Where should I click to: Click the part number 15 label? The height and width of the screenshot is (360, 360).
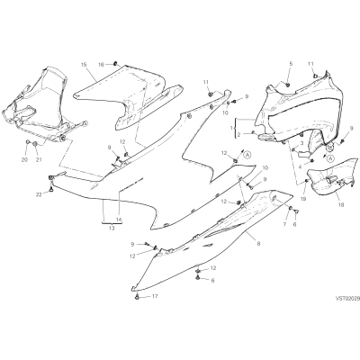pyautogui.click(x=84, y=65)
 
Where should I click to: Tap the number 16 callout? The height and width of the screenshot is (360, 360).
pyautogui.click(x=102, y=65)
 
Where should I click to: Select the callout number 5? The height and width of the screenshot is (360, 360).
pyautogui.click(x=291, y=64)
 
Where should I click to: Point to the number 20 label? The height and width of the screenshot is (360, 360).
pyautogui.click(x=24, y=160)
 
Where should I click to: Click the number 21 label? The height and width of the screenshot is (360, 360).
pyautogui.click(x=39, y=160)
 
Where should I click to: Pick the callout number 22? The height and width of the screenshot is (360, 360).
pyautogui.click(x=39, y=194)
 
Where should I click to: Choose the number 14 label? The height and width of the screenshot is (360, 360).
pyautogui.click(x=119, y=220)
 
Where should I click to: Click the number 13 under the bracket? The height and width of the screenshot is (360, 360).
pyautogui.click(x=112, y=229)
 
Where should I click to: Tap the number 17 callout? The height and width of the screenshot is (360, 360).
pyautogui.click(x=155, y=296)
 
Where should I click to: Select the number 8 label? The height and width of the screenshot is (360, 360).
pyautogui.click(x=258, y=244)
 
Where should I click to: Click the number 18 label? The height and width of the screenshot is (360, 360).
pyautogui.click(x=340, y=205)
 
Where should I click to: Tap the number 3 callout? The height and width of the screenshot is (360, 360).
pyautogui.click(x=302, y=143)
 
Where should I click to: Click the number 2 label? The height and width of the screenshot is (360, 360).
pyautogui.click(x=238, y=135)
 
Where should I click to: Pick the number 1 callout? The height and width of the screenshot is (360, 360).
pyautogui.click(x=231, y=128)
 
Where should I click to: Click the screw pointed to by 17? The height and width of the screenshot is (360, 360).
pyautogui.click(x=137, y=296)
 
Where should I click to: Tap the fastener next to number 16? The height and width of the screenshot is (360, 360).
pyautogui.click(x=115, y=64)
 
